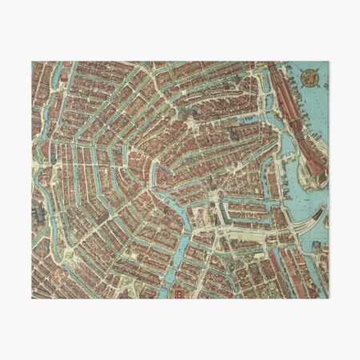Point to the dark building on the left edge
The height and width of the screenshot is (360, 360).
pos(38,214)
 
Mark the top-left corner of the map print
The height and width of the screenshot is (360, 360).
pos(33,62)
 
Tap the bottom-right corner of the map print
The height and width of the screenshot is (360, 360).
pos(327,298)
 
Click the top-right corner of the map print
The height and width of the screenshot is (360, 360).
pos(327,62)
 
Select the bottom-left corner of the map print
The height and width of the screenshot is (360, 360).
pos(33,298)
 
